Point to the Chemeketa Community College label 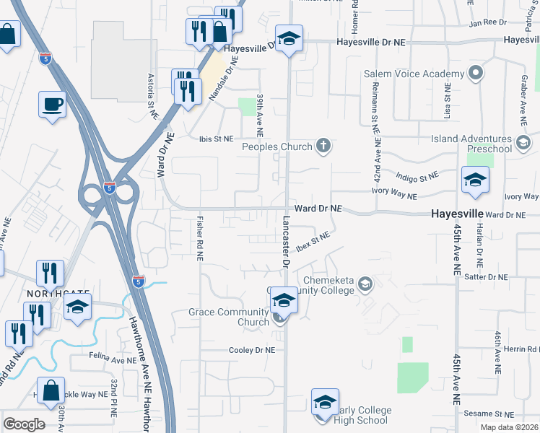pos(328,285)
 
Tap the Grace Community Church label pos(228,317)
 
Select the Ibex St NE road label pos(313,240)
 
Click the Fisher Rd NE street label pos(199,239)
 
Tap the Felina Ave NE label pos(112,358)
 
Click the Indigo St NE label pos(417,175)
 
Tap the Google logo pos(24,424)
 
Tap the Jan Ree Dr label pos(487,23)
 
